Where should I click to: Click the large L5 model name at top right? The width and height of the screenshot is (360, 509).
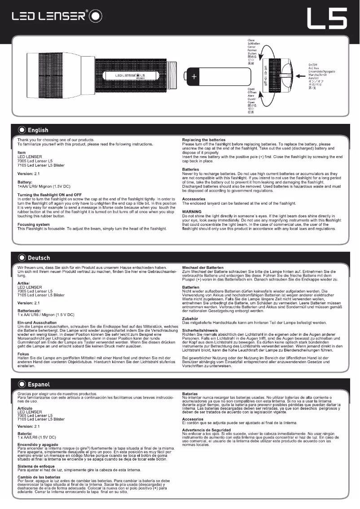pyautogui.click(x=327, y=18)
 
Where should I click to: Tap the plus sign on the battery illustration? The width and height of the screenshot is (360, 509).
pyautogui.click(x=194, y=77)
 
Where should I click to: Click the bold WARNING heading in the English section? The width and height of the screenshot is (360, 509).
pyautogui.click(x=192, y=211)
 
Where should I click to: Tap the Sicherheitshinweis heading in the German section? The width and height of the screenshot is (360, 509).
pyautogui.click(x=202, y=331)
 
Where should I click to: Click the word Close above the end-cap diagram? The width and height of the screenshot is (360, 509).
pyautogui.click(x=251, y=41)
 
